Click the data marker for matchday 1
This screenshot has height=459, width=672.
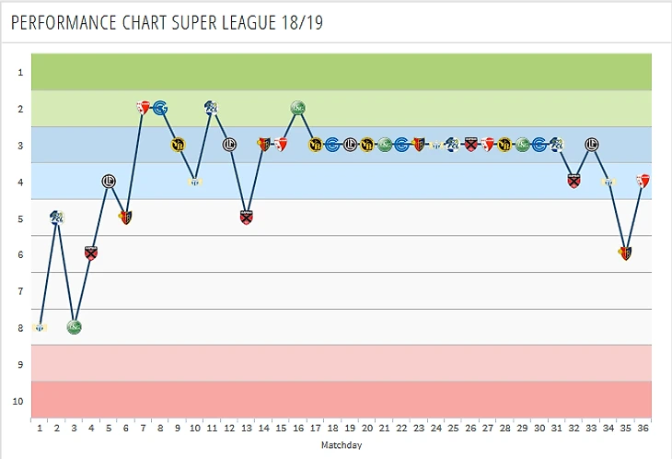pos(39,327)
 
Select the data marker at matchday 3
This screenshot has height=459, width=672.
pos(74,327)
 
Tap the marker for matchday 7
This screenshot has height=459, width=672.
pos(143,108)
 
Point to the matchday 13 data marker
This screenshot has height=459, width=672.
pos(247,218)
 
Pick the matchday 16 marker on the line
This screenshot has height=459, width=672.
pos(298,108)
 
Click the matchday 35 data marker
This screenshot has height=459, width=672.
pos(626,253)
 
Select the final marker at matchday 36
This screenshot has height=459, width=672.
pos(643,181)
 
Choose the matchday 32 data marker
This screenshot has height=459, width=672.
pos(574,181)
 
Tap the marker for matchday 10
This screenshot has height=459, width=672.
pos(194,181)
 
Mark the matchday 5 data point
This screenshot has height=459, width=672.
pos(109,181)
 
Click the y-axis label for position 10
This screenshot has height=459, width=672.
pos(18,401)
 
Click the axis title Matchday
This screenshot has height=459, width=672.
pos(341,445)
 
